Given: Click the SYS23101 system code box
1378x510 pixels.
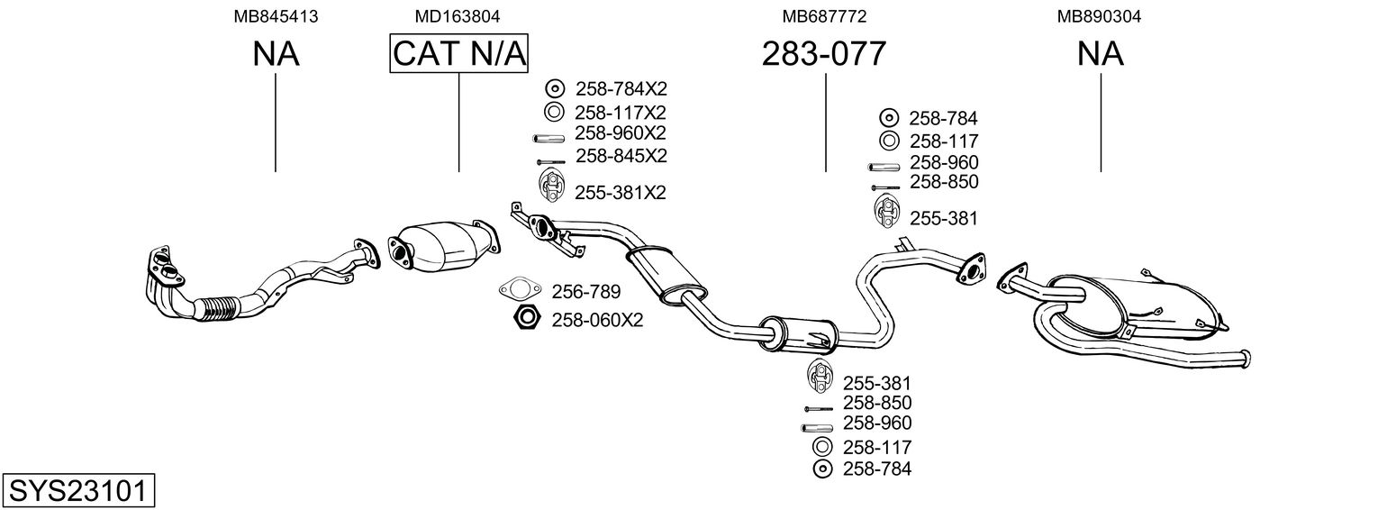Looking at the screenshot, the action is coord(78,490).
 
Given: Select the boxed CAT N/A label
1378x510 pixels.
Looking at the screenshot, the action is coord(459,53).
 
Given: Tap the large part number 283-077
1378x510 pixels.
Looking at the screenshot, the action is coord(824,53).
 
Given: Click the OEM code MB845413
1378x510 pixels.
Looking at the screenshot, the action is coord(276,16).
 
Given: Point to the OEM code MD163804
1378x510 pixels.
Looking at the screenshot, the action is coord(457,16).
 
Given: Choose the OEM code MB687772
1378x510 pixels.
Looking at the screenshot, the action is coord(824,16).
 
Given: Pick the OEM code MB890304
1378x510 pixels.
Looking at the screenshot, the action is coord(1099,16).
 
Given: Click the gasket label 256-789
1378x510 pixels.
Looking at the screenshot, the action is coord(585,292).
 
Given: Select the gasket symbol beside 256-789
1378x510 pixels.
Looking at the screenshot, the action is coord(520,288).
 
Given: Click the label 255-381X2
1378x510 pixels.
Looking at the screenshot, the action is coord(620,193).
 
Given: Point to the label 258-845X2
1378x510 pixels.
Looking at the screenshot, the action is coord(621,156).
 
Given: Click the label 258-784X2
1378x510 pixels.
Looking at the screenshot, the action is coord(621,89).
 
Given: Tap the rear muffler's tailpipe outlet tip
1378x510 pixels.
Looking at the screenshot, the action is coord(1246,359).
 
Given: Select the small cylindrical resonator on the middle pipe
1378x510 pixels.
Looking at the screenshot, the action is coord(799,334).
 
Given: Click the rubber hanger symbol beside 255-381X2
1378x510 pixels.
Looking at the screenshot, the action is coord(552,186).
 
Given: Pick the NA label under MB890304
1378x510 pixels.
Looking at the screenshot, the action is coord(1100,53).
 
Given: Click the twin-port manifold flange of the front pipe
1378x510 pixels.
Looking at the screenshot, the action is coord(164,267).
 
